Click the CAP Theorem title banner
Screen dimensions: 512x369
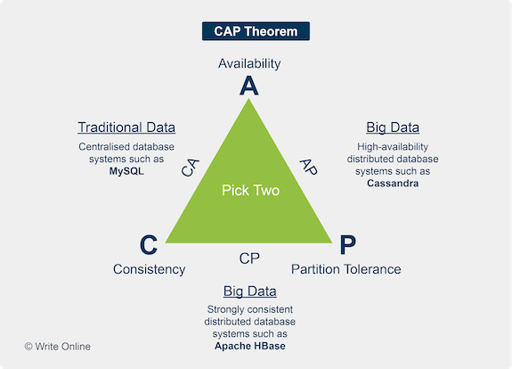[x=256, y=31]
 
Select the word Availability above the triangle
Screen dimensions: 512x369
[x=249, y=64]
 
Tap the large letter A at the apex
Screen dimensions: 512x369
[x=249, y=86]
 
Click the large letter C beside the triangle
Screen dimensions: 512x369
[x=149, y=244]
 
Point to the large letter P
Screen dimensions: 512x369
[x=348, y=244]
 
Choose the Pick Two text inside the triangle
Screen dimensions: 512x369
[x=250, y=190]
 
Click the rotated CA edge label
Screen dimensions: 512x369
[x=190, y=168]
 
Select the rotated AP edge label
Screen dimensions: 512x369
[x=309, y=167]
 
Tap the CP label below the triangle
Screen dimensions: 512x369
[x=249, y=258]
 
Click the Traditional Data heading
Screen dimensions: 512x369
[x=126, y=127]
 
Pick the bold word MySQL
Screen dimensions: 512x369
[x=126, y=171]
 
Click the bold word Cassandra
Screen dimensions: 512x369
[x=393, y=183]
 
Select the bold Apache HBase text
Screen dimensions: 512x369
[x=250, y=346]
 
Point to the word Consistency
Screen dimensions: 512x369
[x=150, y=270]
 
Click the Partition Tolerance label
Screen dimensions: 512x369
[x=346, y=269]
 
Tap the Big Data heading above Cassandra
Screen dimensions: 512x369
[x=393, y=127]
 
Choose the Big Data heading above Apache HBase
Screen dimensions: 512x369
[x=250, y=291]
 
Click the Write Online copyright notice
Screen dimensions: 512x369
[x=58, y=347]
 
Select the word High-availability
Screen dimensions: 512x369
[x=393, y=147]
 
